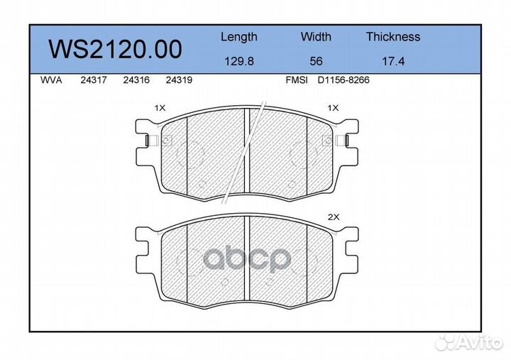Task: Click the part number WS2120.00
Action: coord(114,49)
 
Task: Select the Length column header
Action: coord(238,37)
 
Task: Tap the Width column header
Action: coord(316,37)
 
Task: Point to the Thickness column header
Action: coord(392,37)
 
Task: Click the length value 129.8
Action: coord(238,62)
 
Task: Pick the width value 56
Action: coord(316,62)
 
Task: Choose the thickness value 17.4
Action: coord(392,62)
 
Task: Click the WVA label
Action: coord(52,80)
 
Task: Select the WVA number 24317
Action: coord(93,80)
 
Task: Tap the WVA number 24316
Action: coord(136,80)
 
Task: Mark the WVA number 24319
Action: coord(178,80)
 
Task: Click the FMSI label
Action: coord(296,80)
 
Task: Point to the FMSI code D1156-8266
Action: coord(343,80)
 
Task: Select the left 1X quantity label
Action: coord(160,108)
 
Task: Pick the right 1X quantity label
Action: coord(332,108)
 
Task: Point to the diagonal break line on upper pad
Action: coord(245,153)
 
